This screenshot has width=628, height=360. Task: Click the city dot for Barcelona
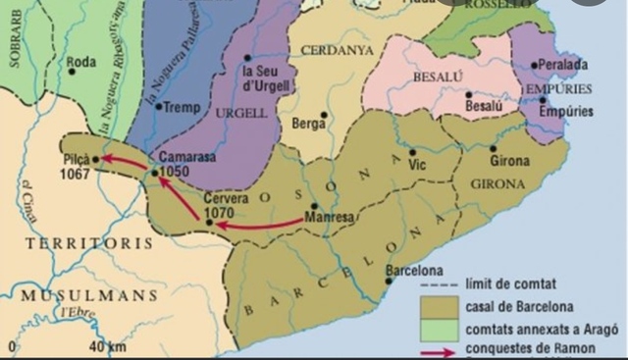point(391,281)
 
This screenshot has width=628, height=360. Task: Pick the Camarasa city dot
point(154,173)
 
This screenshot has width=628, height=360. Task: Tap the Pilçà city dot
point(96,158)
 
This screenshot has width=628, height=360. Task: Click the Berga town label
point(306,124)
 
